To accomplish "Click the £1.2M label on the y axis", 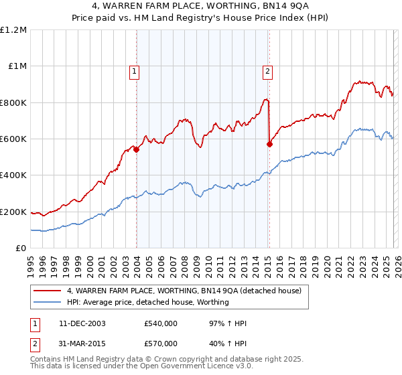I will pyautogui.click(x=13, y=30).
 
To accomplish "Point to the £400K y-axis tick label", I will pyautogui.click(x=13, y=175).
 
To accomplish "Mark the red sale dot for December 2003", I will pyautogui.click(x=137, y=150).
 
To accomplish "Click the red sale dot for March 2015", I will pyautogui.click(x=269, y=144).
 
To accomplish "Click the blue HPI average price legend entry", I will pyautogui.click(x=148, y=302).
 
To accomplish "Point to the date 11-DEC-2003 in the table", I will pyautogui.click(x=82, y=323).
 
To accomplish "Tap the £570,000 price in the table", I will pyautogui.click(x=161, y=344).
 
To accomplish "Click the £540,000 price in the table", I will pyautogui.click(x=161, y=323).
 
